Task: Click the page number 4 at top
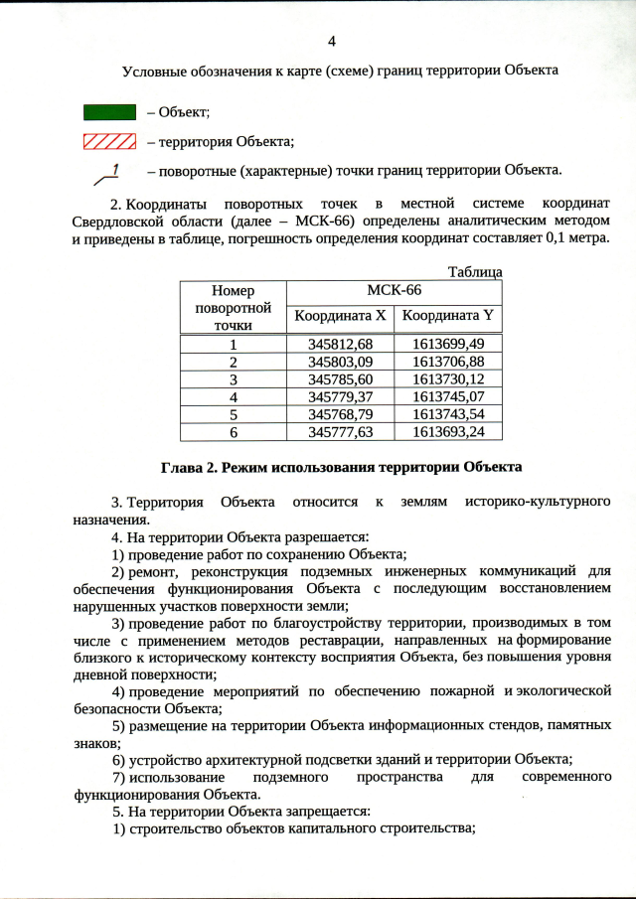point(332,41)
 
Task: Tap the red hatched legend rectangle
point(108,141)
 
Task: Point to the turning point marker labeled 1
point(108,175)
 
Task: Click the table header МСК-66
point(394,290)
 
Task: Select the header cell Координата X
point(340,317)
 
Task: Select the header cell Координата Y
point(447,317)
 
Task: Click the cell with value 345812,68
point(340,344)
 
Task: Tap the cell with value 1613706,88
point(447,361)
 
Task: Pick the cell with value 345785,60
point(340,378)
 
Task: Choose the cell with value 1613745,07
point(447,396)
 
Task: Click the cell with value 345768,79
point(340,414)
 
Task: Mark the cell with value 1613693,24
point(447,432)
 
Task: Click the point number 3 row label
point(234,378)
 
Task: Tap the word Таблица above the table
point(474,271)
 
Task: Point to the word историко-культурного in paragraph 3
point(537,502)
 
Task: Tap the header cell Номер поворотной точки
point(234,307)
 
